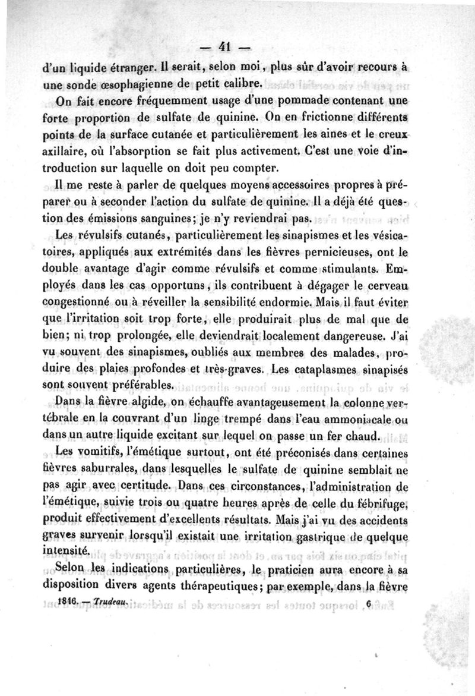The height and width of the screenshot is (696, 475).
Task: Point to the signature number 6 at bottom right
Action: coord(369,602)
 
